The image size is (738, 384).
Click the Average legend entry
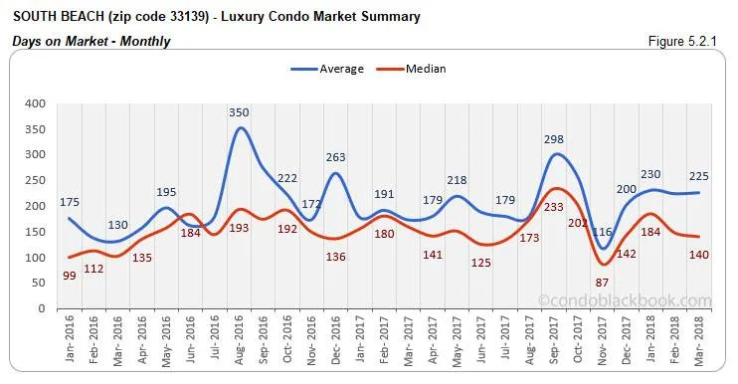[335, 69]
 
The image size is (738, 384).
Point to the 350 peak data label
[239, 113]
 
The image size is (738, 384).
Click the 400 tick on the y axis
[35, 103]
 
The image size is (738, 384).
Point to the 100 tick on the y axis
[35, 258]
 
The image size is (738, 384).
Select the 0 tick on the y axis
[42, 309]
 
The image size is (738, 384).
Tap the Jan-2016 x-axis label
[70, 341]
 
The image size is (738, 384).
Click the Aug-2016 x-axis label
[240, 341]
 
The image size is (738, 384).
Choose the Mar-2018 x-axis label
[702, 341]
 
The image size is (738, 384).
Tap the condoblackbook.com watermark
[625, 300]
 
